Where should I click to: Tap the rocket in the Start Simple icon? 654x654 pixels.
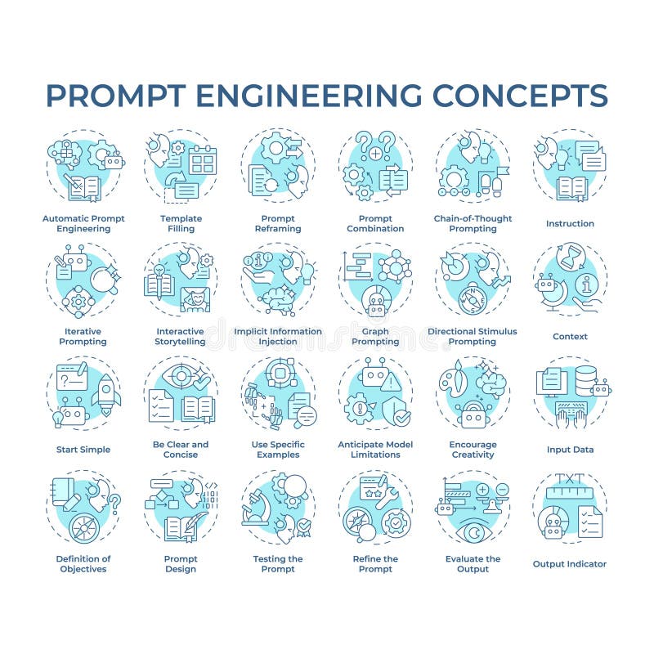click(106, 394)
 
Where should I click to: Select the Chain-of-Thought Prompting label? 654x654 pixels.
click(473, 223)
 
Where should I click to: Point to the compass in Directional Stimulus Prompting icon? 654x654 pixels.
click(472, 298)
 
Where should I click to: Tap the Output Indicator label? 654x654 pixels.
click(570, 564)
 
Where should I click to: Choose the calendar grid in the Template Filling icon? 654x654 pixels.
click(202, 160)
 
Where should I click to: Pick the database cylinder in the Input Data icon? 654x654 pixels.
click(585, 379)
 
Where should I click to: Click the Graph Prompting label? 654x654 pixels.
click(375, 336)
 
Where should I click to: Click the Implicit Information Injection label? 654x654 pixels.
click(278, 336)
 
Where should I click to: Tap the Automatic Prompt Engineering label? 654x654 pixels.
click(83, 223)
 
